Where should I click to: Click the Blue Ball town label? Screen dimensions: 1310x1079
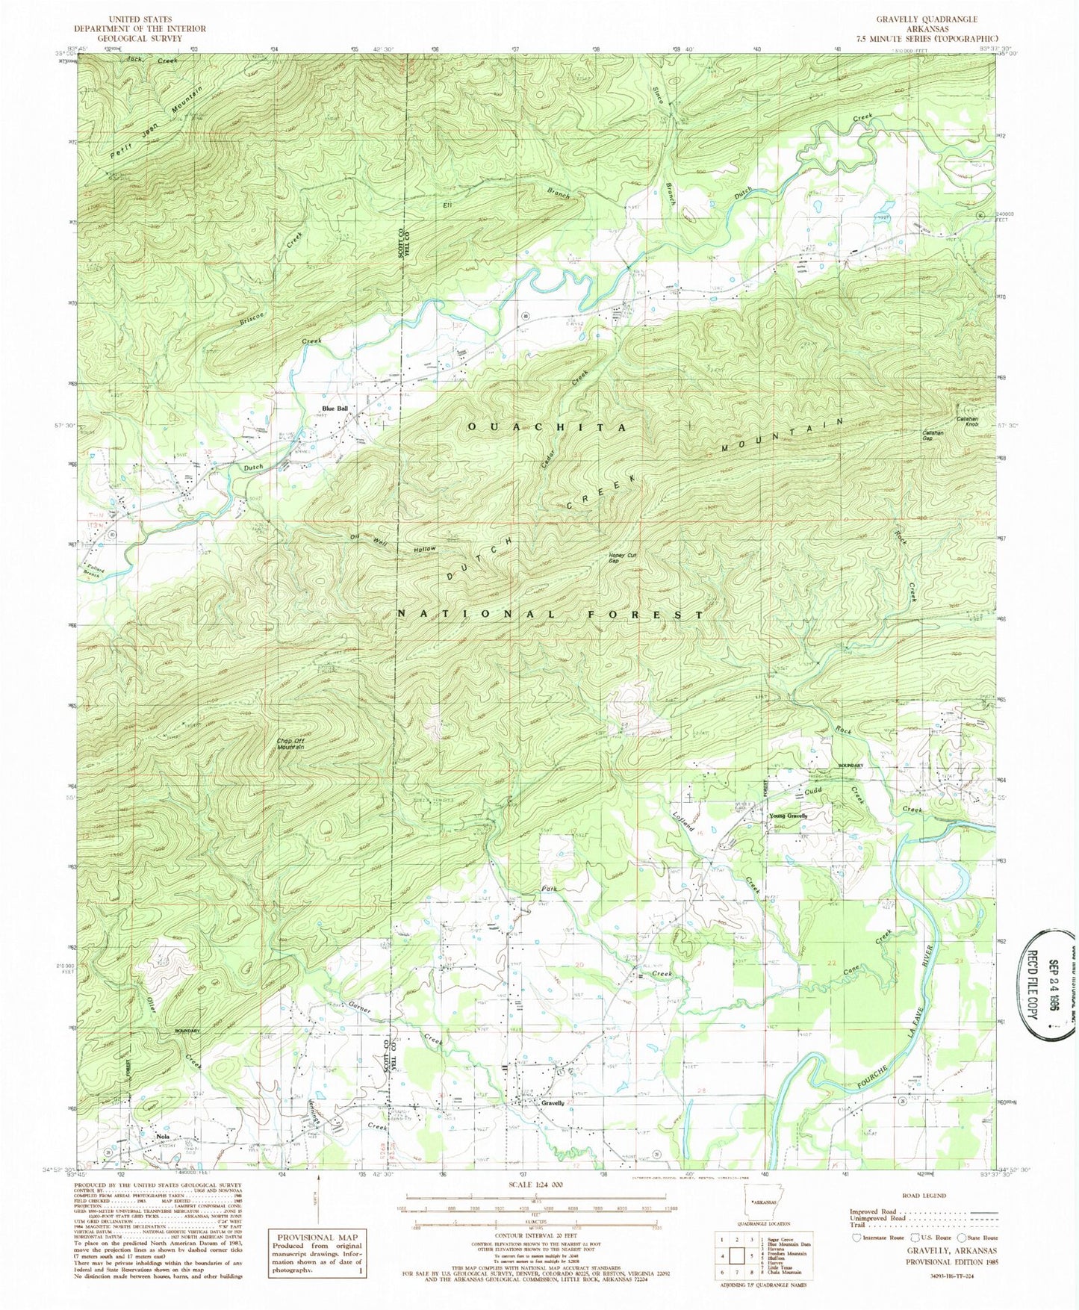coord(335,408)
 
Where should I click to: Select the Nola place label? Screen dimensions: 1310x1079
coord(163,1137)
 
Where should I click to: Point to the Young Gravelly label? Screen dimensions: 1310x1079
coord(789,816)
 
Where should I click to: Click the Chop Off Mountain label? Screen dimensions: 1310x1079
coord(291,744)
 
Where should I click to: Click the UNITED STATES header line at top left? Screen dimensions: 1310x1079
coord(140,19)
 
